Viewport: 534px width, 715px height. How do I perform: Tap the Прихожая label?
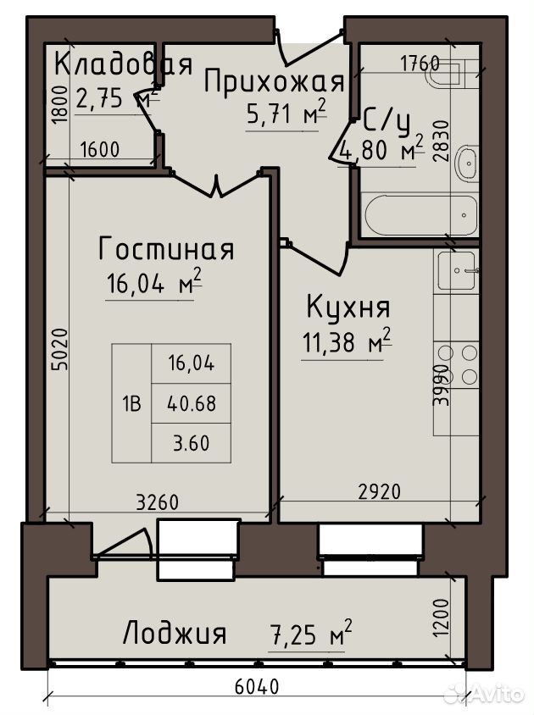[x=274, y=82]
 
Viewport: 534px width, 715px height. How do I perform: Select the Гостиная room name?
[x=167, y=248]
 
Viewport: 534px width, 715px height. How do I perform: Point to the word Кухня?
[x=348, y=307]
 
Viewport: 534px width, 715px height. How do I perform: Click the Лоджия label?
[x=175, y=633]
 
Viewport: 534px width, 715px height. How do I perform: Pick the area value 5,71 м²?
[x=286, y=112]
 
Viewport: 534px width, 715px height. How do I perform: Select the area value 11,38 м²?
[x=347, y=341]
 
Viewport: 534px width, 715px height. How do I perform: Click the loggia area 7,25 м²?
[x=311, y=633]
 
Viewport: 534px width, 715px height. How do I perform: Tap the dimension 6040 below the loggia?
[x=257, y=686]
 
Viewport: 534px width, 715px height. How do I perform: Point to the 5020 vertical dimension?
[x=59, y=349]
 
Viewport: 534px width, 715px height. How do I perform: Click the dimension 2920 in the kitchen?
[x=379, y=491]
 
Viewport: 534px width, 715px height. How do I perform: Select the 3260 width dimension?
[x=158, y=502]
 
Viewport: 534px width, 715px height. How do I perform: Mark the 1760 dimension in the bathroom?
[x=420, y=64]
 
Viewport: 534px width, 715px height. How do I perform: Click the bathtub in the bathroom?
[x=420, y=215]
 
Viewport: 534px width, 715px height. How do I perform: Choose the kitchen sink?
[x=458, y=271]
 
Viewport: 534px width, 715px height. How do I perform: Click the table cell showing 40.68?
[x=192, y=403]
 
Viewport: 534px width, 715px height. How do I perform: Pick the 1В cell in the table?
[x=131, y=403]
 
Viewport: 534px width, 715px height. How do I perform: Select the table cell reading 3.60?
[x=192, y=443]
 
